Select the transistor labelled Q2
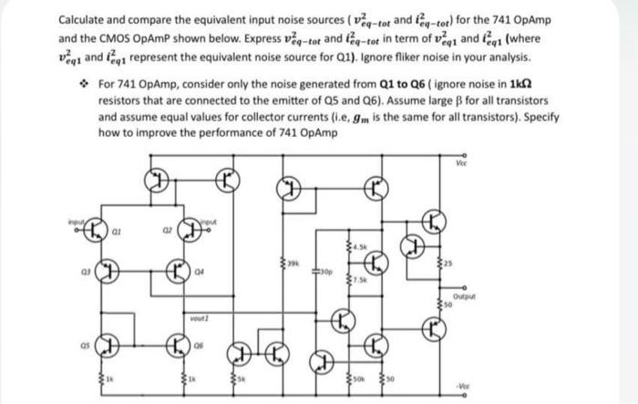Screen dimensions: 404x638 click(x=190, y=231)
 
